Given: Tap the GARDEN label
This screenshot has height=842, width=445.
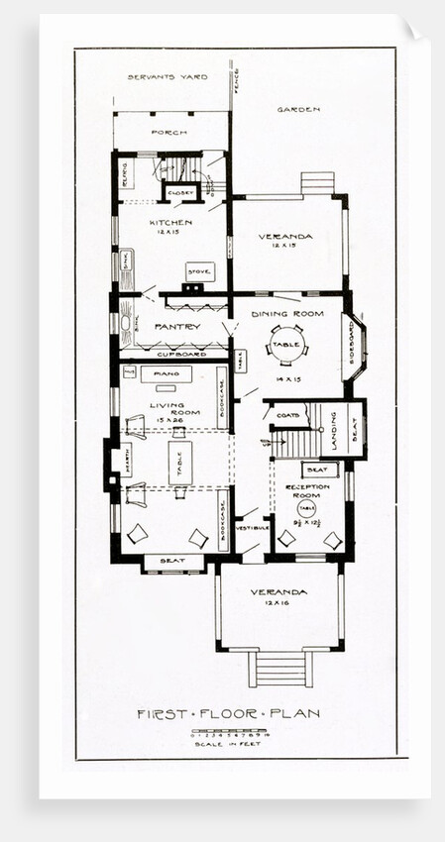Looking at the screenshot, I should pyautogui.click(x=298, y=108).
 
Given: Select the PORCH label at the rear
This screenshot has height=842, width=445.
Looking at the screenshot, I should pyautogui.click(x=169, y=132).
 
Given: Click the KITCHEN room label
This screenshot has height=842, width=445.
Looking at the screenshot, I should pyautogui.click(x=170, y=223).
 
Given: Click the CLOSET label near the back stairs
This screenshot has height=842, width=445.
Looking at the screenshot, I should pyautogui.click(x=179, y=192).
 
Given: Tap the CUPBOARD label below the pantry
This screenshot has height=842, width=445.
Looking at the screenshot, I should pyautogui.click(x=181, y=354).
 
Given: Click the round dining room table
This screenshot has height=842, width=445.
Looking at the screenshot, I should pyautogui.click(x=286, y=345).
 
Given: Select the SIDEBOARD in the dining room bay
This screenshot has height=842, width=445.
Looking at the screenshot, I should pyautogui.click(x=353, y=342).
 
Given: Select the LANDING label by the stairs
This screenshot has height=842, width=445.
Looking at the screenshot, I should pyautogui.click(x=335, y=430).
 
